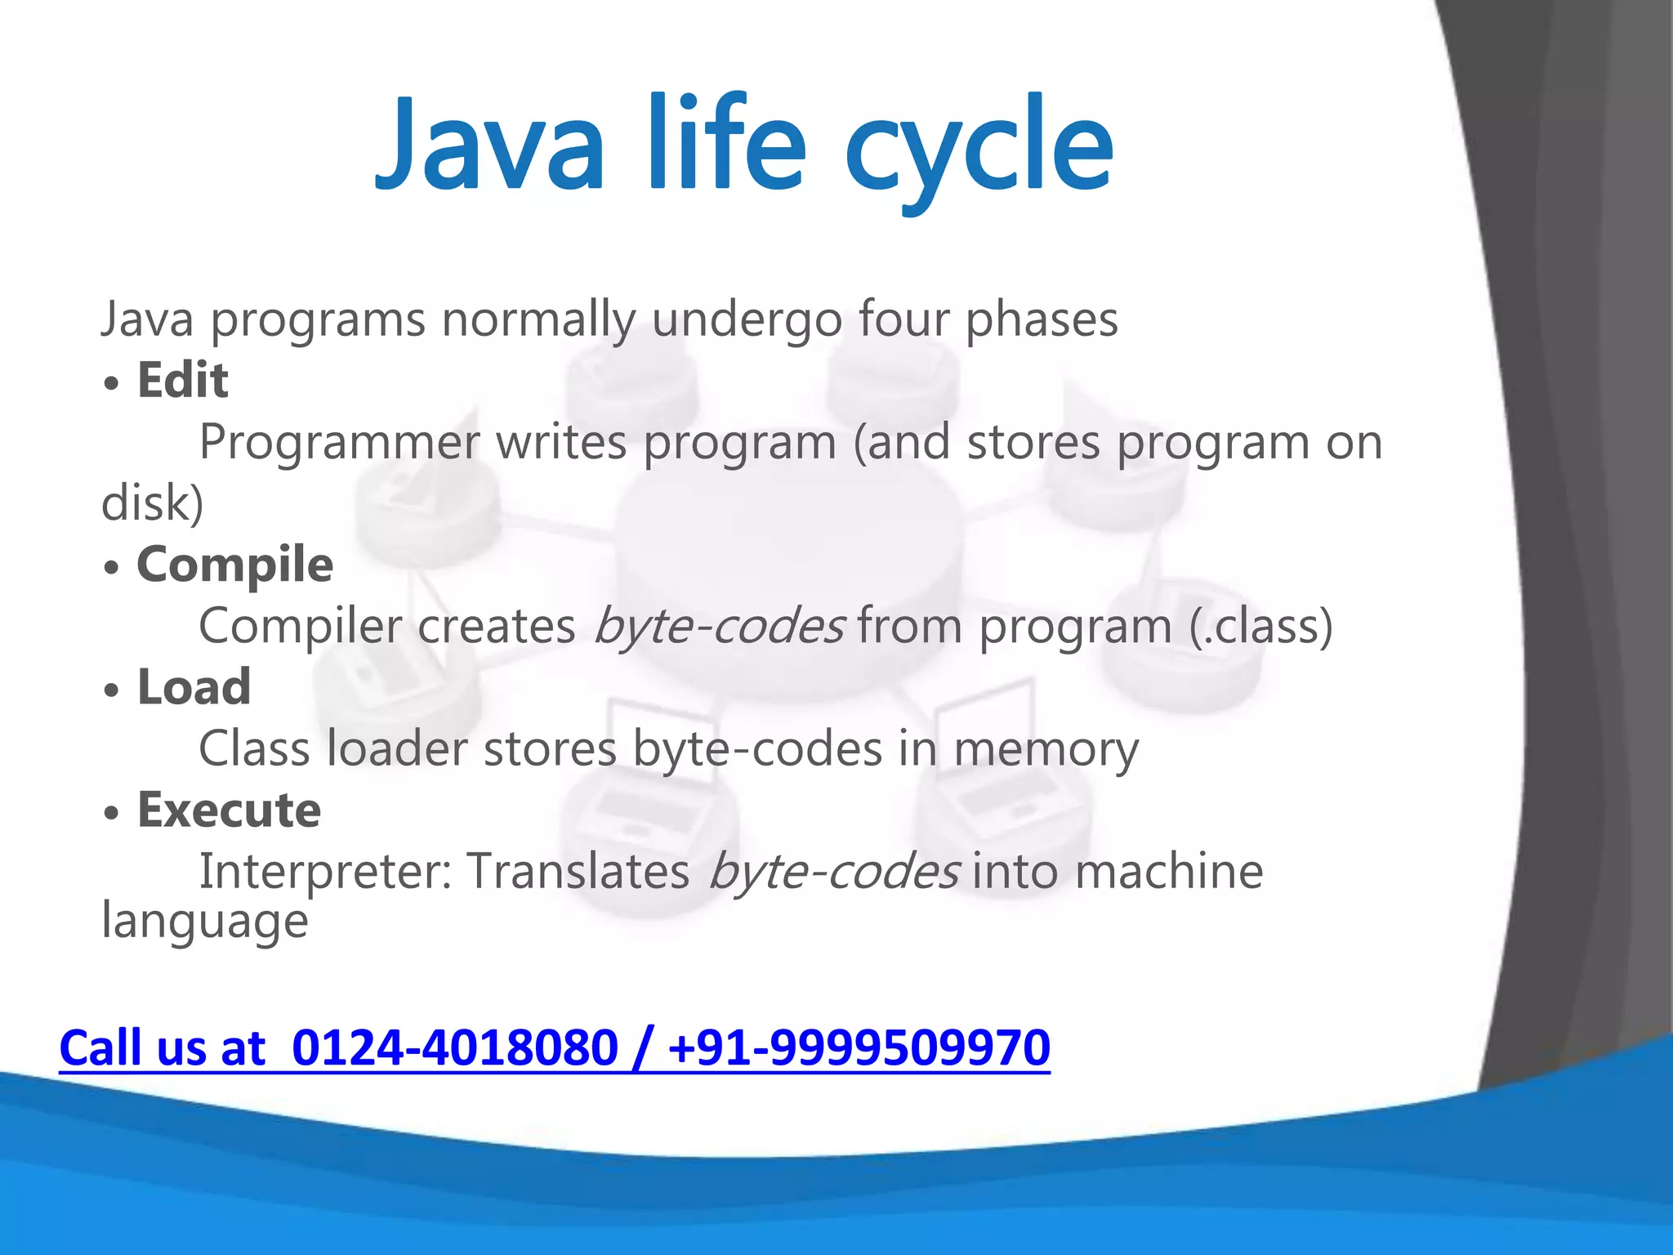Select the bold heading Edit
pos(182,381)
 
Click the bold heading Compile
pos(234,565)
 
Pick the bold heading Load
pos(194,687)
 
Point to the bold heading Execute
pos(229,810)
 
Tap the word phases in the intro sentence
pos(1042,320)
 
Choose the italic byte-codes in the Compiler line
pos(718,627)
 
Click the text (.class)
pos(1260,627)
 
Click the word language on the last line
pos(204,922)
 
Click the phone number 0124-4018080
pos(454,1048)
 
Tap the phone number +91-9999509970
pos(858,1048)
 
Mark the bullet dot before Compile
pos(112,567)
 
